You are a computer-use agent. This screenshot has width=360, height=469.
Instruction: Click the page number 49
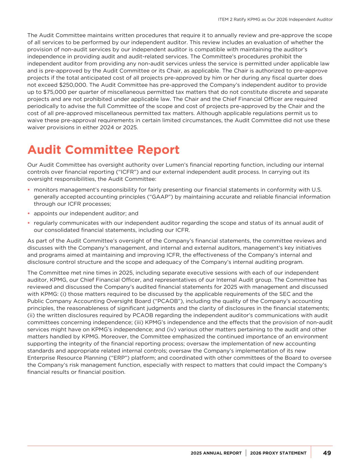pos(327,453)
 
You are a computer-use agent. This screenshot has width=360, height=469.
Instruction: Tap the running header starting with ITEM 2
pos(275,20)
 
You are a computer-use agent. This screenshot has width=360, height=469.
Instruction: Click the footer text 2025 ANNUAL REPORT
pos(216,453)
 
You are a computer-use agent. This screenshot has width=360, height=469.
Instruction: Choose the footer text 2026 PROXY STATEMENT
pos(278,453)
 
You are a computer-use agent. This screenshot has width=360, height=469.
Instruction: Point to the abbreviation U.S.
pos(316,190)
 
